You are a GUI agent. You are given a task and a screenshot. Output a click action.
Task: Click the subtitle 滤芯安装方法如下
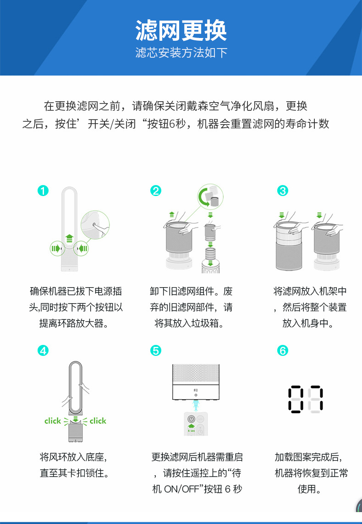click(x=181, y=53)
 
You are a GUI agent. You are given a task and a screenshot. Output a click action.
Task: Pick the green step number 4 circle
click(x=43, y=350)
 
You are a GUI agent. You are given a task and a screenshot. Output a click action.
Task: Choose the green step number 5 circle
click(x=156, y=350)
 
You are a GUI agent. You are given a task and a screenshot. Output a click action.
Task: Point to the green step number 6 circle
click(x=283, y=350)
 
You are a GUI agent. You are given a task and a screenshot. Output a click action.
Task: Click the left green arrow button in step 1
click(x=55, y=249)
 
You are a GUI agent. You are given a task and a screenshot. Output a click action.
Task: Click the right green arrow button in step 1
click(x=83, y=249)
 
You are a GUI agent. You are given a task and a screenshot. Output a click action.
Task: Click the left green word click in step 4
click(x=53, y=420)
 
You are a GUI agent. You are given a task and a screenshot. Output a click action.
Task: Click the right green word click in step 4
click(x=98, y=420)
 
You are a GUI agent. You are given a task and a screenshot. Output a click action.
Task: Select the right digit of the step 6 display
click(x=316, y=399)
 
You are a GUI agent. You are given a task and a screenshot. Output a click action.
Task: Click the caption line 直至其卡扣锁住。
click(x=74, y=472)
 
